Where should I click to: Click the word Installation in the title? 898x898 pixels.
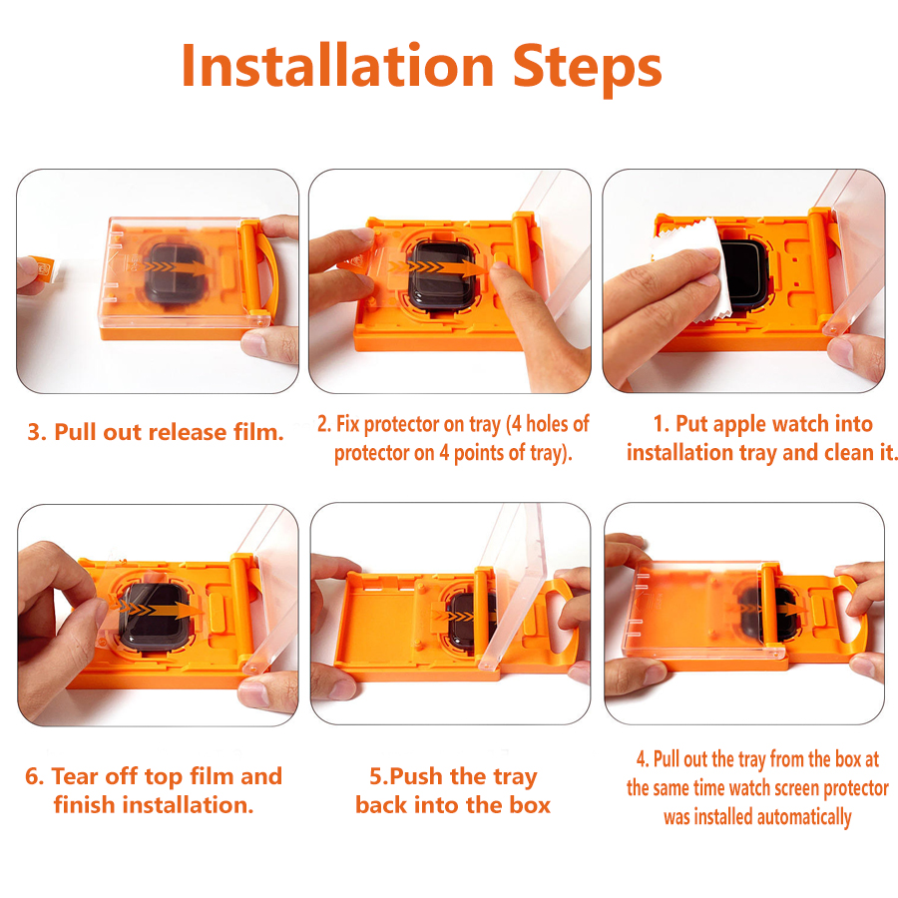[x=337, y=66]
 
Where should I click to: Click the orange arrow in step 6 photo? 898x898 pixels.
[x=158, y=609]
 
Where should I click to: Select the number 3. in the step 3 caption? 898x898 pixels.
[x=37, y=432]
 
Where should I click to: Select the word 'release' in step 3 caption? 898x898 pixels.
[x=188, y=433]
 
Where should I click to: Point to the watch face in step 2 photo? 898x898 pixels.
[x=441, y=275]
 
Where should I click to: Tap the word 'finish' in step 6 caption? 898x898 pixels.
[x=84, y=804]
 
